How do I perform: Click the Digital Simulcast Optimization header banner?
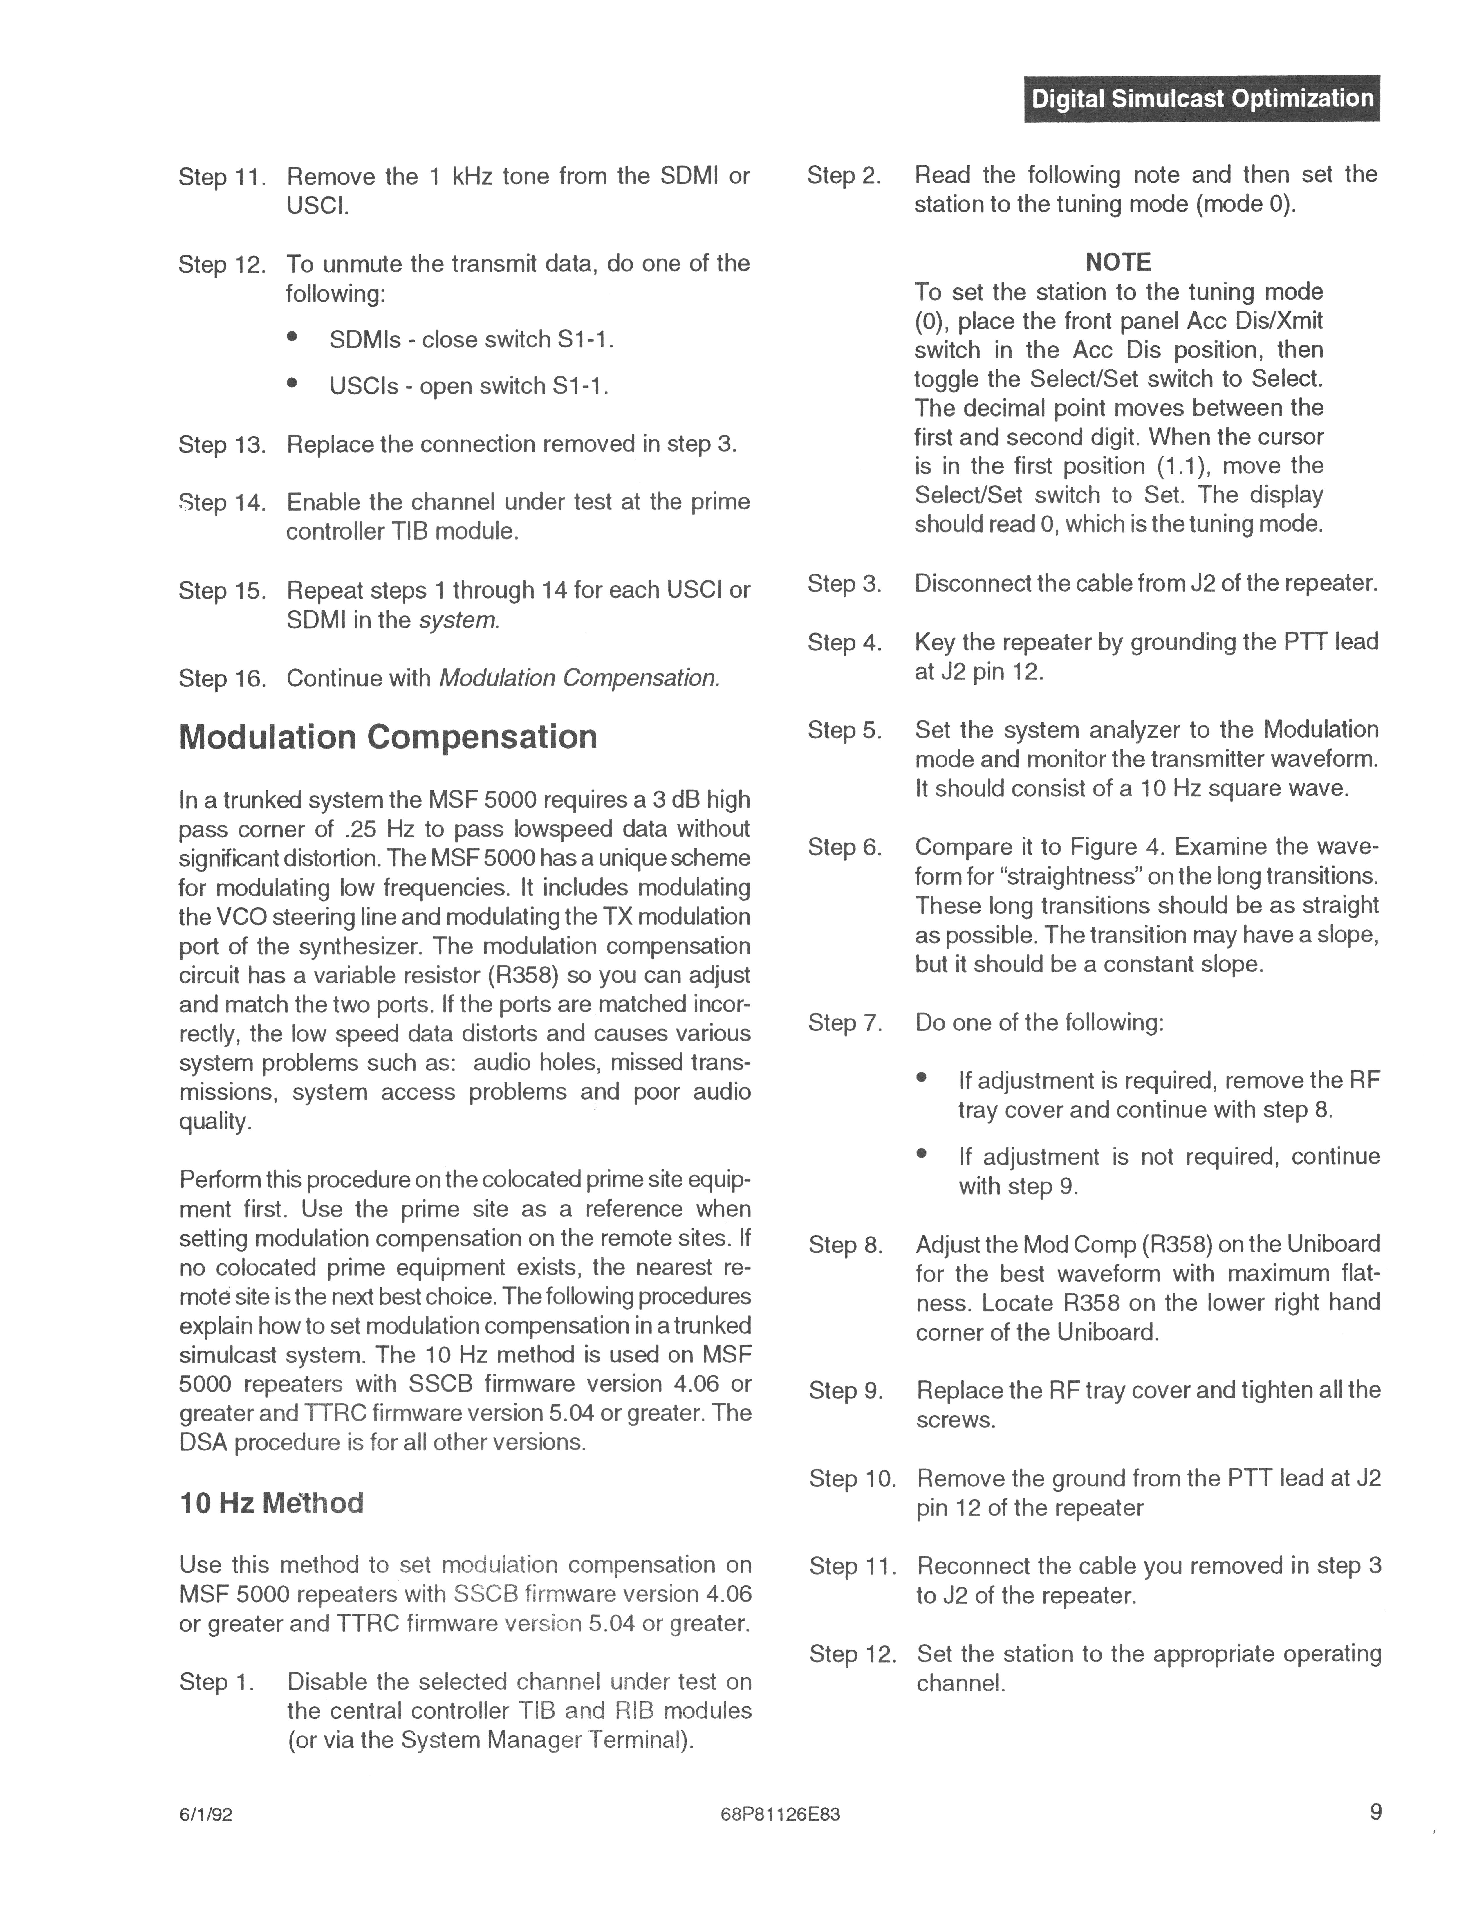click(x=1202, y=98)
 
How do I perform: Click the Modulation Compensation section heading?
click(x=388, y=737)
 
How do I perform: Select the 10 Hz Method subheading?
click(x=271, y=1503)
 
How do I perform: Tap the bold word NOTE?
click(x=1118, y=262)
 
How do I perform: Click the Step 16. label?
click(x=222, y=679)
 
